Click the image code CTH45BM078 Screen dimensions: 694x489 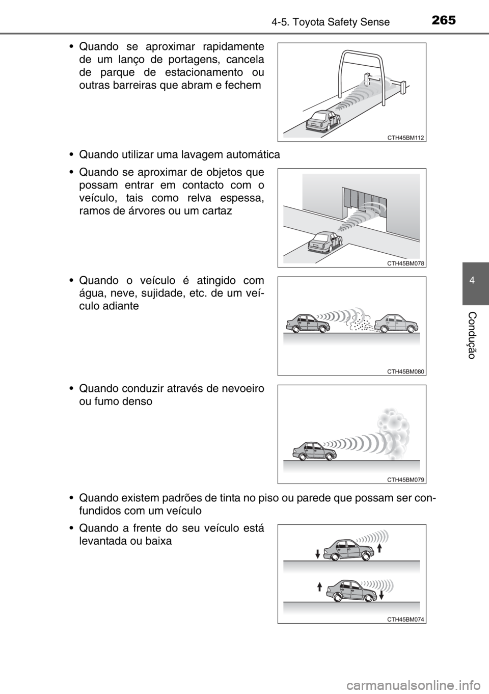405,263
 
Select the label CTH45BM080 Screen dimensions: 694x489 405,372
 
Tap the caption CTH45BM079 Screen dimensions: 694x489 405,479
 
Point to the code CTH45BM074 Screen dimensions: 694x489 405,619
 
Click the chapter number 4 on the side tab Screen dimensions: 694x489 476,281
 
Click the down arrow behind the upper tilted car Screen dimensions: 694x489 317,553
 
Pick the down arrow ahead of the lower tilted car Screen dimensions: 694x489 381,594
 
